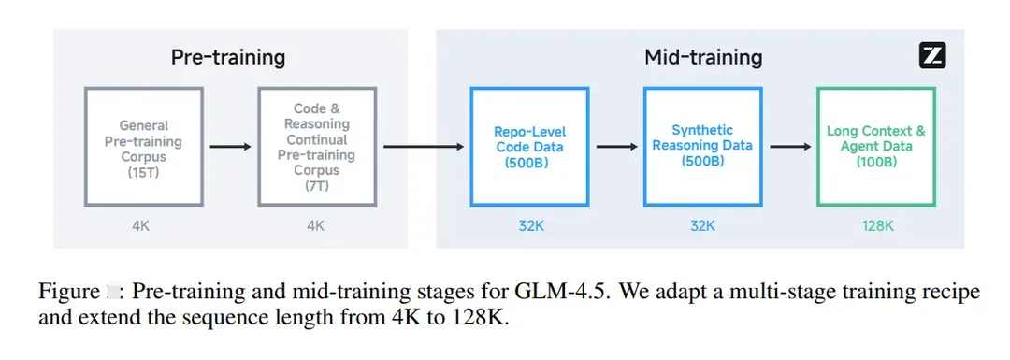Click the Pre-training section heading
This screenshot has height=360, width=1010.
pyautogui.click(x=228, y=58)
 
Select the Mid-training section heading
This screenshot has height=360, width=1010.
pyautogui.click(x=703, y=58)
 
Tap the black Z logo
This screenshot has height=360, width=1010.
pyautogui.click(x=932, y=57)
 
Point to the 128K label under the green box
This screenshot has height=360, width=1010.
pyautogui.click(x=876, y=225)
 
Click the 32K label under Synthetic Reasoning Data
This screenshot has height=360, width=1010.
pyautogui.click(x=702, y=225)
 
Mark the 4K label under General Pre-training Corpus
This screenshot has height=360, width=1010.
pyautogui.click(x=140, y=225)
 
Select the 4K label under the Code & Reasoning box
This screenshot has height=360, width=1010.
pyautogui.click(x=316, y=225)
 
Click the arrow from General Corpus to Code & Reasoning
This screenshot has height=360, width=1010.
pyautogui.click(x=231, y=147)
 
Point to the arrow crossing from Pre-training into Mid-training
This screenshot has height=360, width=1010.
pyautogui.click(x=424, y=147)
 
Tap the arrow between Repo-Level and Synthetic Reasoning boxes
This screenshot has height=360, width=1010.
pyautogui.click(x=616, y=147)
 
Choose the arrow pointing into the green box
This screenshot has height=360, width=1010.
pyautogui.click(x=790, y=147)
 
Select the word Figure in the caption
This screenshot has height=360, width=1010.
pyautogui.click(x=67, y=293)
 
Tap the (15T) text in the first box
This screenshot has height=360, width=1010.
pyautogui.click(x=144, y=171)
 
